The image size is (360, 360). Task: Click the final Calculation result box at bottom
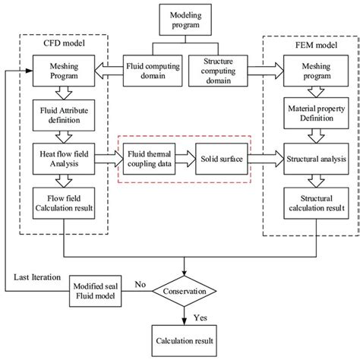pyautogui.click(x=185, y=339)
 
